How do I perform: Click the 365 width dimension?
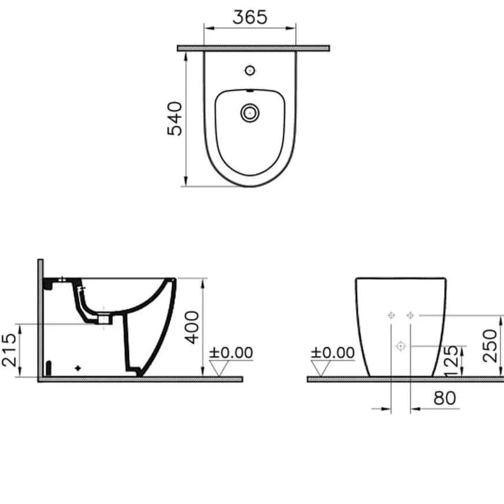tap(250, 17)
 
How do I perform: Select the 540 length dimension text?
tap(175, 118)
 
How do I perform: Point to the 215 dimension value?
tap(9, 350)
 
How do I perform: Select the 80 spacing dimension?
tap(444, 398)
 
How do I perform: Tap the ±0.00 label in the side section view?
tap(231, 352)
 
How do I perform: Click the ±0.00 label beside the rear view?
tap(332, 352)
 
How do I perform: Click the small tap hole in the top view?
tap(250, 71)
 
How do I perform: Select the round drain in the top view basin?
tap(250, 112)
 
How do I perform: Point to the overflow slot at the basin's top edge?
tap(250, 91)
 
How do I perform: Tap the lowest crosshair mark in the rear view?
tap(400, 346)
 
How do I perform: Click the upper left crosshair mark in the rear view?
tap(391, 315)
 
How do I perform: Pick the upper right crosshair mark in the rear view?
tap(411, 315)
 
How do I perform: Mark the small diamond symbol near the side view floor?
tap(78, 368)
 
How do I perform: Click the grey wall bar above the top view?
tap(253, 48)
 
